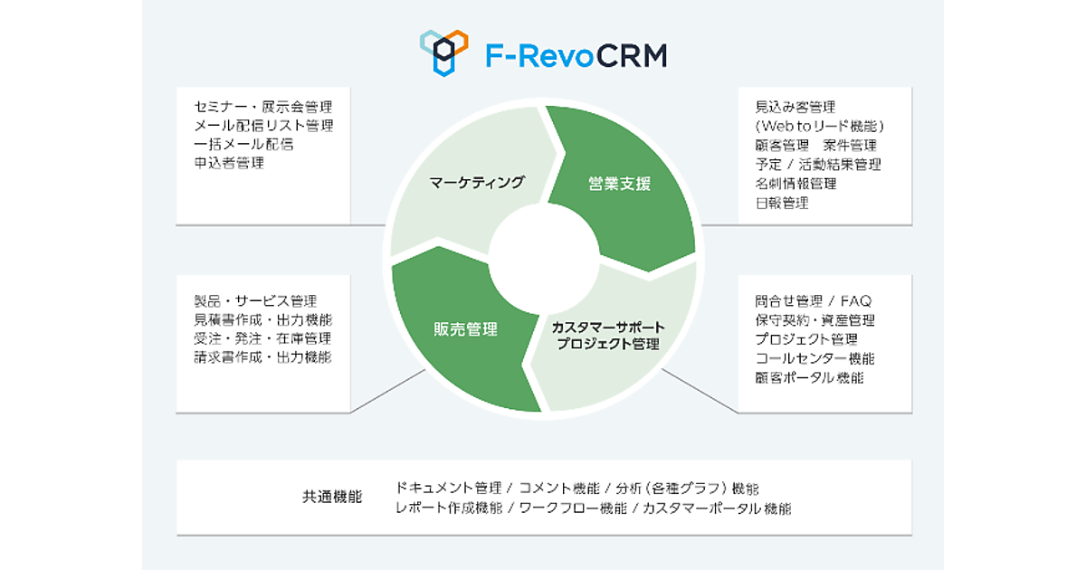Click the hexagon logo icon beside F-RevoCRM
coord(443,52)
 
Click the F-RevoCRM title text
coord(575,55)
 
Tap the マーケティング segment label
coord(477,183)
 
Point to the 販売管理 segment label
coord(465,328)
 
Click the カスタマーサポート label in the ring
coord(608,327)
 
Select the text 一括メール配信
coord(243,145)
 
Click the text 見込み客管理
coord(795,106)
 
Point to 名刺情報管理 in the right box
coord(795,184)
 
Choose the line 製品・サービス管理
coord(255,300)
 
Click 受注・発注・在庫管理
coord(262,338)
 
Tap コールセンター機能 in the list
coord(814,358)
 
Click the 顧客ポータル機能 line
coord(809,377)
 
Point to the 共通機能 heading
coord(332,497)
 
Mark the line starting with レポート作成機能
coord(593,508)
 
